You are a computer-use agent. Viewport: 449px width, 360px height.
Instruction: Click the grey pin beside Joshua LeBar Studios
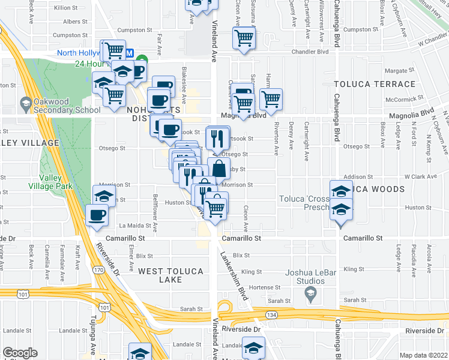(310, 293)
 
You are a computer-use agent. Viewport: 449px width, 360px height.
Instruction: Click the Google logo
(20, 353)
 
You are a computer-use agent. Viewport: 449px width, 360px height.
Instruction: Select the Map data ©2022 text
(424, 355)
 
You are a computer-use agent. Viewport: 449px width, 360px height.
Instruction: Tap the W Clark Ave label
(422, 176)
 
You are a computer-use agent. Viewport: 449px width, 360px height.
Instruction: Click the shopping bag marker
(219, 168)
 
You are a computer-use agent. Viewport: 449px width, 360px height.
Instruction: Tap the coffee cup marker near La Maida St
(97, 215)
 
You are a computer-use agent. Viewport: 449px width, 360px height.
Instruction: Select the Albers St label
(71, 21)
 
